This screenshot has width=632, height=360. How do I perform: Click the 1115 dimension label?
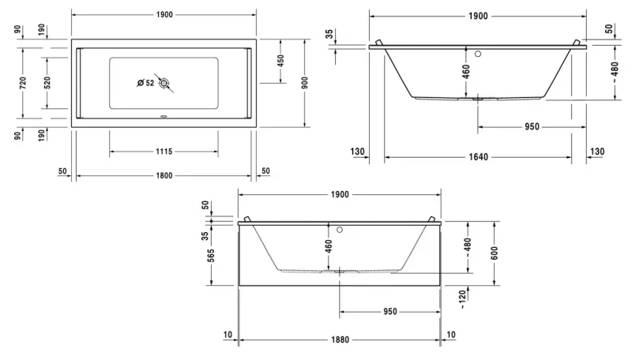[x=164, y=152]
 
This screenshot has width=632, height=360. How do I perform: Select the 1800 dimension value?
[x=164, y=175]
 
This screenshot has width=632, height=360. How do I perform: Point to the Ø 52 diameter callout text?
[x=145, y=83]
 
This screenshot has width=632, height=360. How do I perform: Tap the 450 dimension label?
[x=281, y=61]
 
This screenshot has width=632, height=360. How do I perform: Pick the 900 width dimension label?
[x=305, y=83]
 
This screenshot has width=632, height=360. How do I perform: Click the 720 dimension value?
[x=23, y=83]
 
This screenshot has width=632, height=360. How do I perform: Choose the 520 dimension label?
[x=47, y=83]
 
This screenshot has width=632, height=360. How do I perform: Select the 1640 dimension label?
[x=479, y=156]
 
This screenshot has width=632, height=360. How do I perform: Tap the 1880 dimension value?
[x=340, y=339]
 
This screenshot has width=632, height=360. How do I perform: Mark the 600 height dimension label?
[x=495, y=253]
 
